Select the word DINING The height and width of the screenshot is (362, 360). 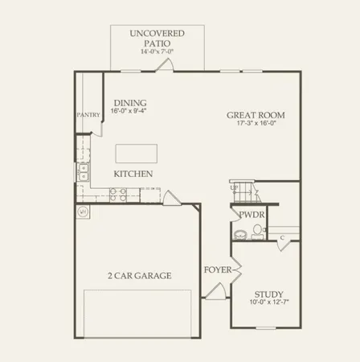(129, 102)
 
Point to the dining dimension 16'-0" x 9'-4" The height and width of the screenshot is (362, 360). (129, 112)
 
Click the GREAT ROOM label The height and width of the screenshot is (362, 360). (256, 115)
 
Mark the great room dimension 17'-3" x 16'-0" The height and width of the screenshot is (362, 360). (256, 125)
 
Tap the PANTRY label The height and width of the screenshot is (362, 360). (88, 115)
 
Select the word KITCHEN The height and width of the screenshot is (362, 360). (133, 174)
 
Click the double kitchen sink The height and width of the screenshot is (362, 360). (83, 172)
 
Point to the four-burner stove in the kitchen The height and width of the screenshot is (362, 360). (117, 193)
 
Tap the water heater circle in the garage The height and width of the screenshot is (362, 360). (83, 212)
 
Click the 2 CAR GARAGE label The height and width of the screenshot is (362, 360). (139, 275)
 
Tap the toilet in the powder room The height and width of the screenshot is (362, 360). (257, 231)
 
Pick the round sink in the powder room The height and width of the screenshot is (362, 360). (239, 234)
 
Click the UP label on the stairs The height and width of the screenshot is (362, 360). (234, 188)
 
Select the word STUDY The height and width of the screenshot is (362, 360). (268, 294)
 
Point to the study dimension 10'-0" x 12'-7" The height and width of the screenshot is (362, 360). (268, 304)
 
